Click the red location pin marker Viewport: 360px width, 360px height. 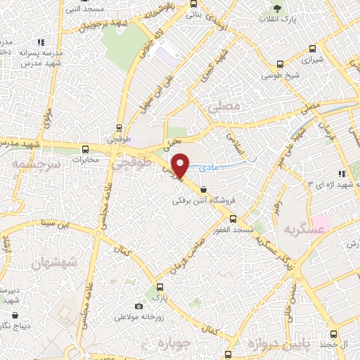[182, 166]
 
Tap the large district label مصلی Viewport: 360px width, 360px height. [225, 107]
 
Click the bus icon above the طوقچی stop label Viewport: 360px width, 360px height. [120, 129]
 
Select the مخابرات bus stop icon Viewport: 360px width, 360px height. [85, 148]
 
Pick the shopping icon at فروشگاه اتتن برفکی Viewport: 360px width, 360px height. [203, 189]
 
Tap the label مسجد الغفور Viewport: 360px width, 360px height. [235, 231]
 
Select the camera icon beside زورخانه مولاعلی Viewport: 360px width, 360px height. [138, 307]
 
